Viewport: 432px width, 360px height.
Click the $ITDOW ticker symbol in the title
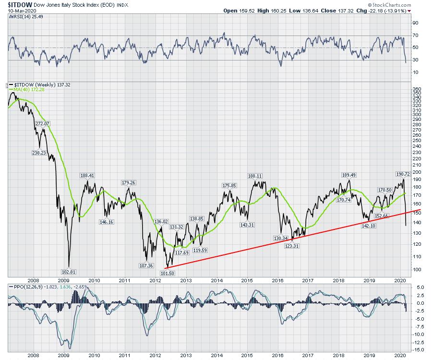[x=20, y=4]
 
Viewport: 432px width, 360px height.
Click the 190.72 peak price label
[x=403, y=173]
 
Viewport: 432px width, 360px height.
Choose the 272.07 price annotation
[x=42, y=123]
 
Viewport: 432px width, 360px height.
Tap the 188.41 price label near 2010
[x=87, y=175]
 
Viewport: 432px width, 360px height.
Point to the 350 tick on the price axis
[x=416, y=89]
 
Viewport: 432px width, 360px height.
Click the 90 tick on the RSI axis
[x=416, y=23]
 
